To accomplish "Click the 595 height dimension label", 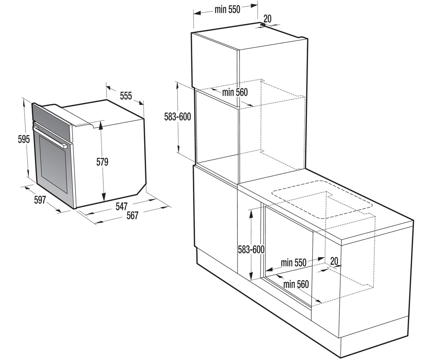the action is pos(24,139).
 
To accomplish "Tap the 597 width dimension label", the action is pos(40,200).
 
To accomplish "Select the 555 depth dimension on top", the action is pos(126,96).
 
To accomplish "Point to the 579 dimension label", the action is pos(102,162).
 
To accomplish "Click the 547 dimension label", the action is pos(121,206).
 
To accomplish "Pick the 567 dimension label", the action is pos(132,216).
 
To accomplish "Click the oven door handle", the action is pos(50,136).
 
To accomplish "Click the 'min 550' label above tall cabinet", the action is pos(228,9).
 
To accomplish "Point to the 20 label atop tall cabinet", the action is pos(267,19).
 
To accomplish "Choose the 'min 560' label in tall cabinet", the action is pos(235,92).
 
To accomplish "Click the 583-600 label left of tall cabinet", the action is pos(177,117).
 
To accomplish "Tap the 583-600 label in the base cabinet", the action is pos(251,249).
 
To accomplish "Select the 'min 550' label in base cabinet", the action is pos(293,262).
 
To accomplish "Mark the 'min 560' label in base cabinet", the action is pos(296,284).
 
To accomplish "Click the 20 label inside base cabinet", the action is pos(334,261).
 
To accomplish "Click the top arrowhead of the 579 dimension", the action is pos(101,125).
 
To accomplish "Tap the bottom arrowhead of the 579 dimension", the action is pos(104,197).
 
